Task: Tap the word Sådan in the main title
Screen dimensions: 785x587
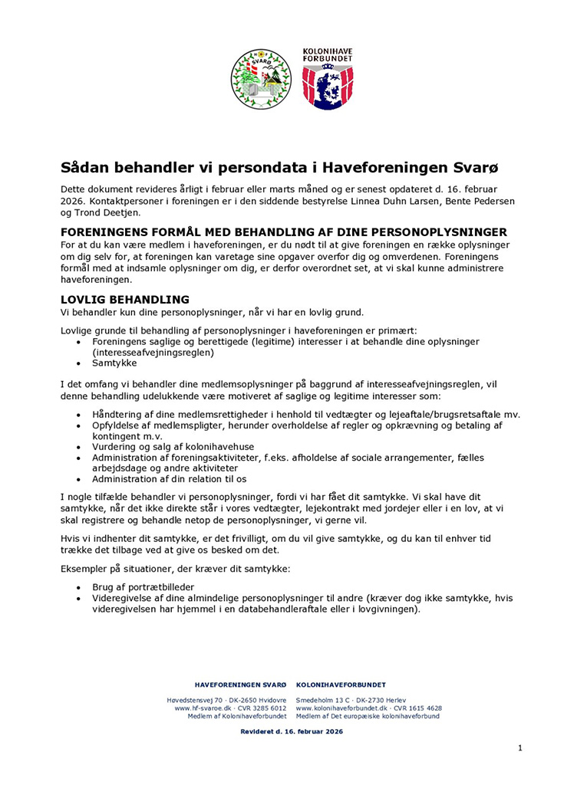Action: tap(85, 166)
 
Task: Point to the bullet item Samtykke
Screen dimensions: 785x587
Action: tap(114, 363)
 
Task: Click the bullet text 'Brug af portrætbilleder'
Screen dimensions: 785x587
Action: tap(143, 586)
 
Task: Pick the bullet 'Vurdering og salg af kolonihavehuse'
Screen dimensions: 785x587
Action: tap(173, 446)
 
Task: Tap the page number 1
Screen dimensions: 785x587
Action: tap(519, 747)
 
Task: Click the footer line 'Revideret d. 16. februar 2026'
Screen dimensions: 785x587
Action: tap(292, 731)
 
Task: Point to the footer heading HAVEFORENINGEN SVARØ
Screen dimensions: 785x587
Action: tap(241, 684)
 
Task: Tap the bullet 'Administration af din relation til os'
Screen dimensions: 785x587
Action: tap(169, 479)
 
